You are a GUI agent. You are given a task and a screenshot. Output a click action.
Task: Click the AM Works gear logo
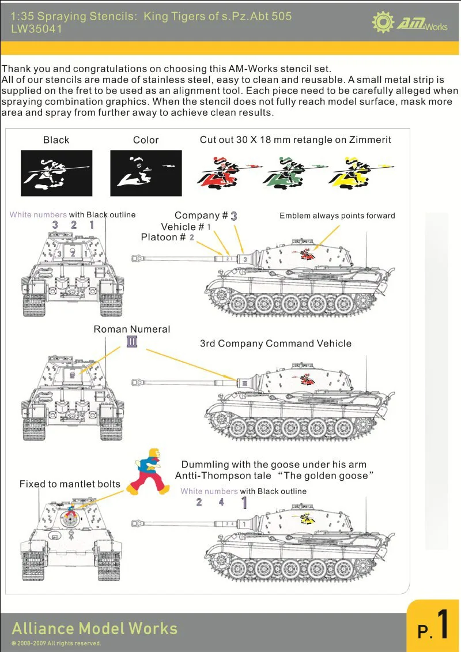(x=383, y=21)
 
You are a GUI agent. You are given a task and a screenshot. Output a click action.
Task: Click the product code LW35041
(x=36, y=28)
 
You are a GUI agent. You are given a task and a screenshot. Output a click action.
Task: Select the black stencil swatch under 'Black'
(x=56, y=173)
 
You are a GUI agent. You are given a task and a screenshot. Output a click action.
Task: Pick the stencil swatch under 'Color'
(x=146, y=173)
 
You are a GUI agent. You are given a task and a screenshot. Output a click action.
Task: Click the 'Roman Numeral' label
(x=132, y=329)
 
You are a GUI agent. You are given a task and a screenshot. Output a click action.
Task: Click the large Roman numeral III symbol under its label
(x=132, y=342)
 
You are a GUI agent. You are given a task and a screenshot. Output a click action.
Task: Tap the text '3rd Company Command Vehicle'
(x=275, y=344)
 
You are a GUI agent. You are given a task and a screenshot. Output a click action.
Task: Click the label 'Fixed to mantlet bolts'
(x=70, y=484)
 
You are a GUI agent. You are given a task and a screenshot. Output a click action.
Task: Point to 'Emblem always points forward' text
(x=337, y=216)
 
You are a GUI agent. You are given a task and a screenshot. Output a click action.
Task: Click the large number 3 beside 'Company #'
(x=234, y=216)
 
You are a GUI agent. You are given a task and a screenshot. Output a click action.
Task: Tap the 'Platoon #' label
(x=163, y=238)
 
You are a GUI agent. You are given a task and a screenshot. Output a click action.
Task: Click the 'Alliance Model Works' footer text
(x=95, y=628)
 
